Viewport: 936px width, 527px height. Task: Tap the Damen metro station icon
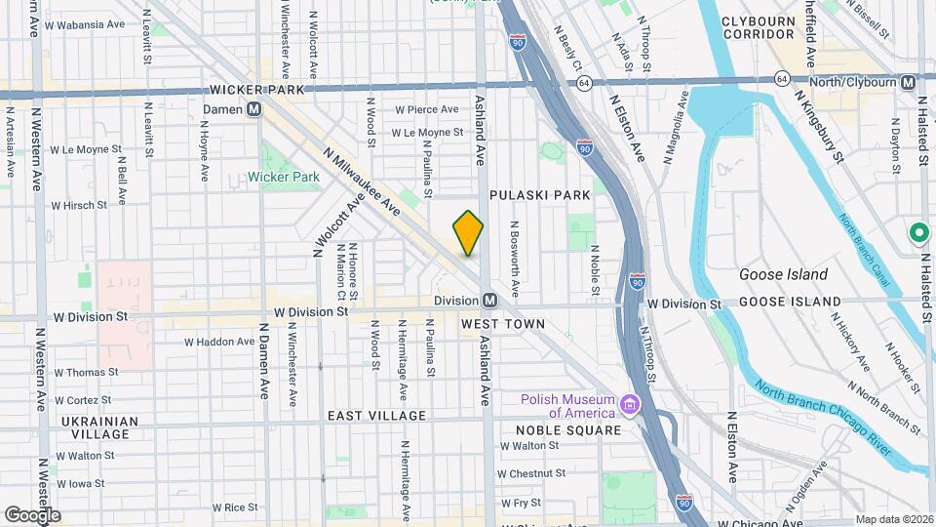[253, 109]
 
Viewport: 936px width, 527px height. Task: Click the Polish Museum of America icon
[631, 404]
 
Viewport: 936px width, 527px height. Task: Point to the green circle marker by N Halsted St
[917, 233]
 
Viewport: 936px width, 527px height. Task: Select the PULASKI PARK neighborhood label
[540, 195]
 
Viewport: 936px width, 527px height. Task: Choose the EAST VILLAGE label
[376, 416]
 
